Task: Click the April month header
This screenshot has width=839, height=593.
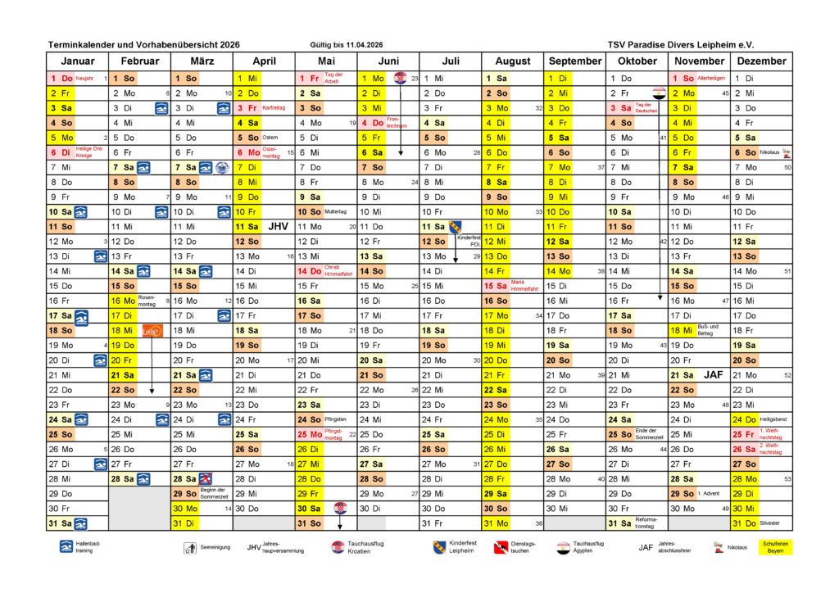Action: point(264,61)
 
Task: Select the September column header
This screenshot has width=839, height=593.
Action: point(575,61)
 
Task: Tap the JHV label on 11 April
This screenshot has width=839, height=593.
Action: point(279,226)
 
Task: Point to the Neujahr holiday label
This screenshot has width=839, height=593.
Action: point(85,79)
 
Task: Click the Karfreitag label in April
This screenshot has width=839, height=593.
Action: point(274,107)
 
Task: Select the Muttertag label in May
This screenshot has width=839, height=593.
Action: point(336,211)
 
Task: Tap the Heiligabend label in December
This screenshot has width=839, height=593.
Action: point(773,419)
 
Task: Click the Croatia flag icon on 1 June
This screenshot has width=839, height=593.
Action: point(400,79)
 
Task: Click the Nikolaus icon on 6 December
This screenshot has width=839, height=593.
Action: point(787,152)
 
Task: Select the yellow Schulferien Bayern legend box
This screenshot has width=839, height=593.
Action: point(774,547)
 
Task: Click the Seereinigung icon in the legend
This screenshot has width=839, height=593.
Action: point(189,548)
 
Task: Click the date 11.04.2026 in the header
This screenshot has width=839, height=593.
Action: point(366,44)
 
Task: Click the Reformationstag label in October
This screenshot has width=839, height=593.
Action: point(647,523)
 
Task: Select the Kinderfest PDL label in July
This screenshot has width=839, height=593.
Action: point(469,241)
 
